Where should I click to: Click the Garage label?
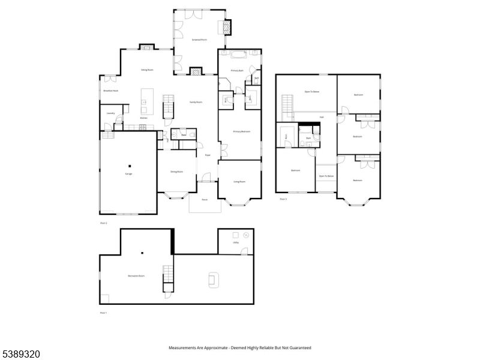click(128, 174)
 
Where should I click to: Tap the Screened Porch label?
click(199, 40)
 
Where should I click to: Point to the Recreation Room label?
click(136, 275)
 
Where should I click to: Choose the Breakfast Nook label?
click(110, 91)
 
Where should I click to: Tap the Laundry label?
click(110, 113)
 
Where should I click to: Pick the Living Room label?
click(239, 181)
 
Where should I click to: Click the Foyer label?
click(208, 155)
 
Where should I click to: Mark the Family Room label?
click(196, 102)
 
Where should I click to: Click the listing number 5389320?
click(20, 355)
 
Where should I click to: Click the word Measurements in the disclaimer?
click(184, 347)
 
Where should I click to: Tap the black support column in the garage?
click(128, 165)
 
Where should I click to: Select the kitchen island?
click(147, 100)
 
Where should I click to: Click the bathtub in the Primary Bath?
click(238, 56)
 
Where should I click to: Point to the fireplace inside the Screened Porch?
click(227, 27)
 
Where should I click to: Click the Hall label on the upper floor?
click(322, 117)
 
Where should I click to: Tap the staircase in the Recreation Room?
click(169, 276)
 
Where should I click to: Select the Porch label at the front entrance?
click(205, 199)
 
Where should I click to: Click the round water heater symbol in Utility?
click(245, 236)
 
